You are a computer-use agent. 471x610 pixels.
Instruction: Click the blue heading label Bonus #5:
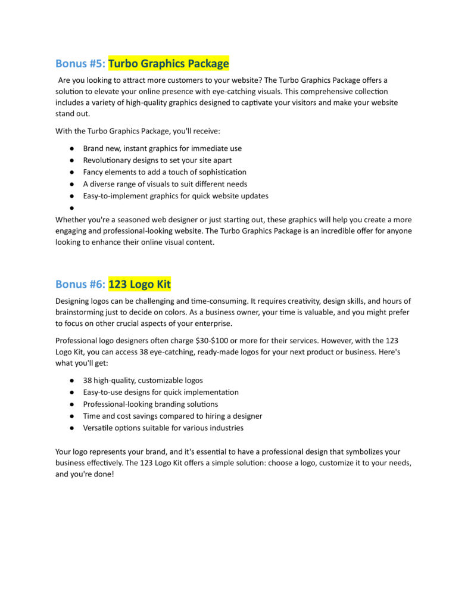pyautogui.click(x=80, y=64)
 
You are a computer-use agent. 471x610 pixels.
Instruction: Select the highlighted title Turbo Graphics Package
pyautogui.click(x=169, y=64)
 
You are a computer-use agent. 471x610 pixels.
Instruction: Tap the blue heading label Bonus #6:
pyautogui.click(x=80, y=285)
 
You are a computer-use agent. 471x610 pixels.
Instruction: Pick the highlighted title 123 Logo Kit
pyautogui.click(x=139, y=285)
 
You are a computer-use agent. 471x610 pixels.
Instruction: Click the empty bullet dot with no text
pyautogui.click(x=71, y=208)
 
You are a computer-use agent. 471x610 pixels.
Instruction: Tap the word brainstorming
pyautogui.click(x=84, y=312)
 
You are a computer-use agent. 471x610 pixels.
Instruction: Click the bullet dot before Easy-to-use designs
pyautogui.click(x=71, y=393)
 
